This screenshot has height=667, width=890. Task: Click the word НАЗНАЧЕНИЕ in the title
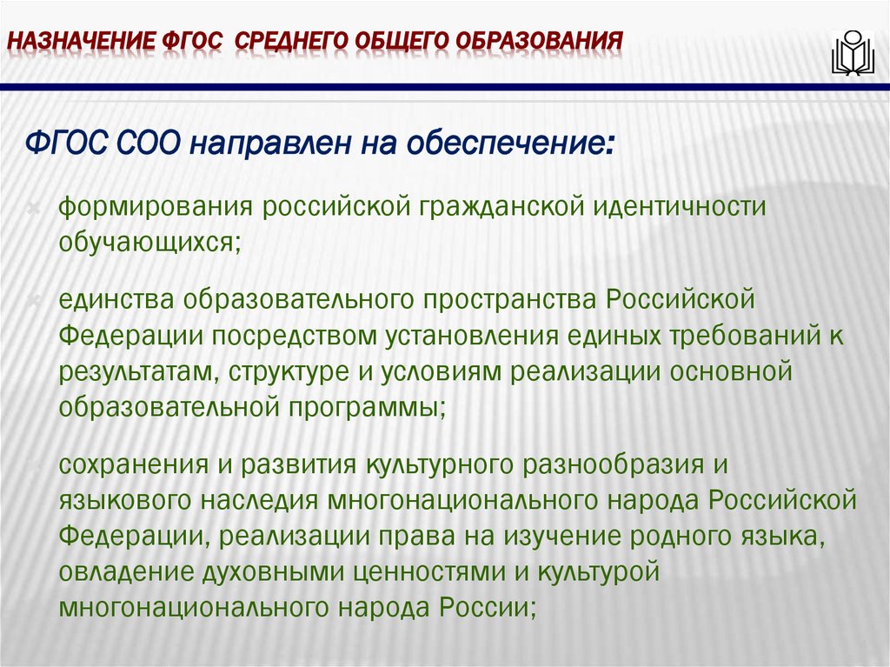[x=77, y=41]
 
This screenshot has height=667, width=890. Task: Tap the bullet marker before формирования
[x=32, y=210]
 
